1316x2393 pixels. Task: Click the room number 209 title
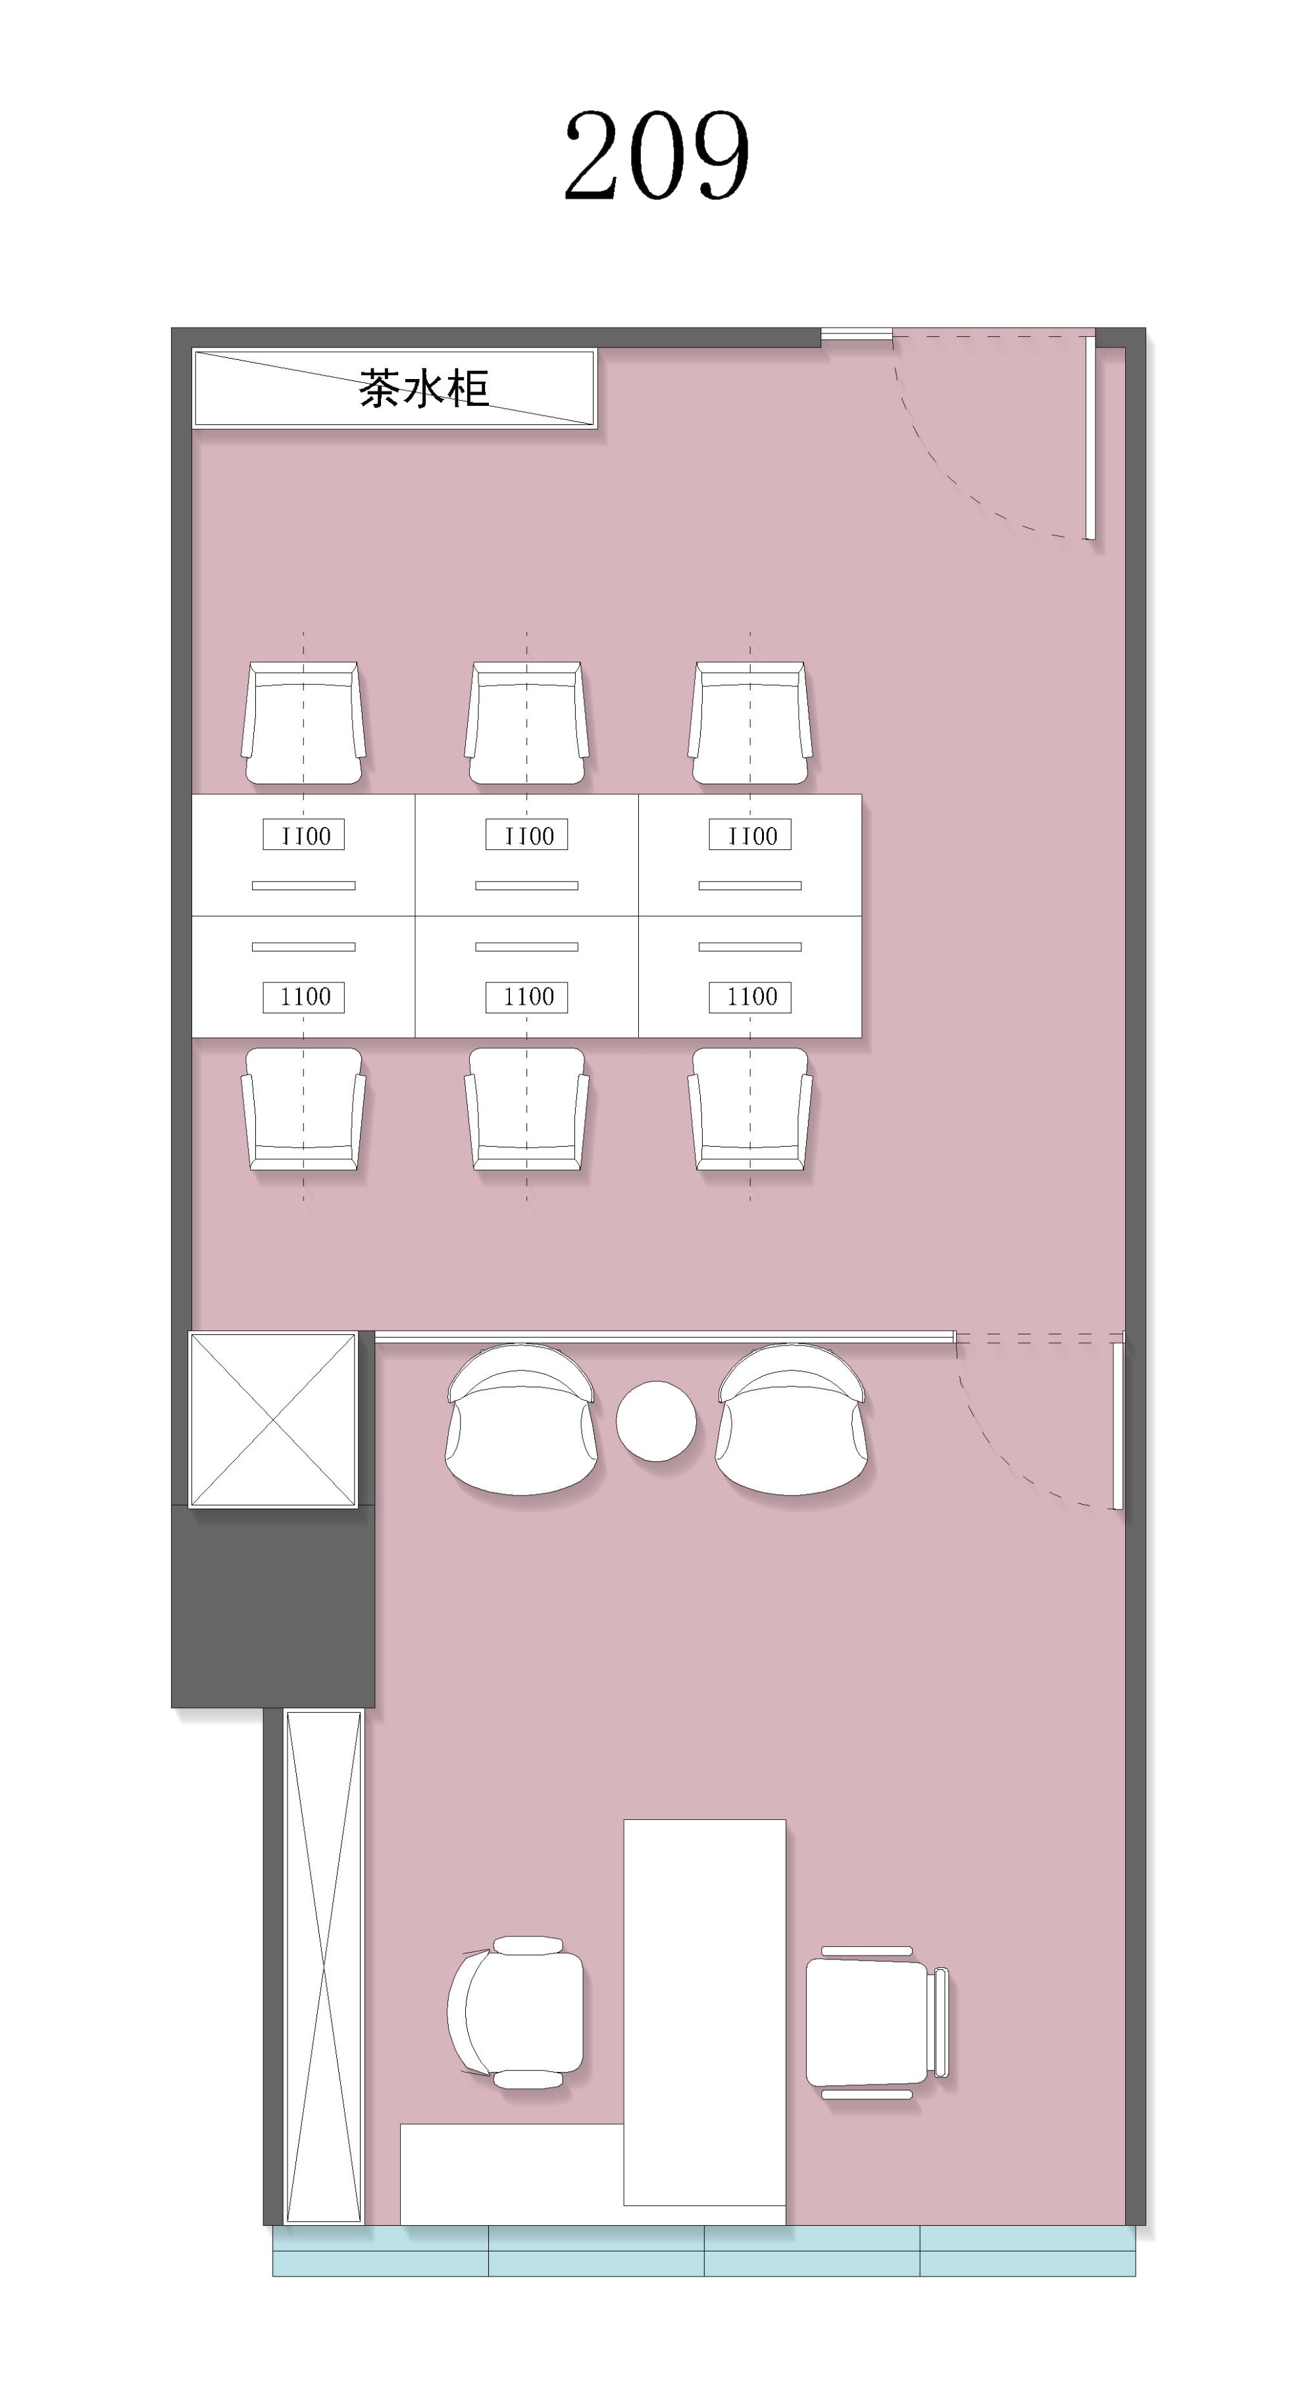(x=657, y=155)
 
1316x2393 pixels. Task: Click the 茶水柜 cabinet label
(x=424, y=388)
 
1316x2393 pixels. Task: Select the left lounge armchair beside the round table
(x=521, y=1419)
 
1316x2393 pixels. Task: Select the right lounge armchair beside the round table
(x=792, y=1419)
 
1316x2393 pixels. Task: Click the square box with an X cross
(x=273, y=1419)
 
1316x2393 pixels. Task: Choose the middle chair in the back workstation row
(x=526, y=722)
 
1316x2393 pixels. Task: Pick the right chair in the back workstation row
(x=750, y=722)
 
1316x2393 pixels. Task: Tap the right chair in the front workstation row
(x=750, y=1108)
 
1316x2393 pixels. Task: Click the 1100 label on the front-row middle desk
(x=526, y=997)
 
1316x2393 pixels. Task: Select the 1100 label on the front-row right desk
(x=750, y=997)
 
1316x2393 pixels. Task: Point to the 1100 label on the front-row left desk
(x=304, y=997)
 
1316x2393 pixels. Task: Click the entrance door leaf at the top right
(x=1091, y=438)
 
